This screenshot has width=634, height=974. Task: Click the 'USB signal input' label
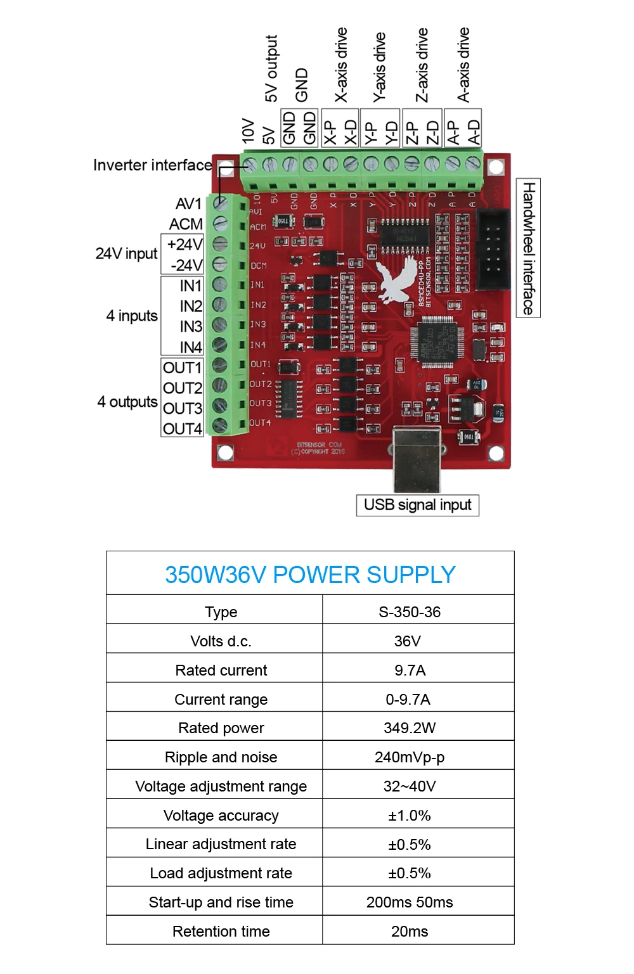coord(417,505)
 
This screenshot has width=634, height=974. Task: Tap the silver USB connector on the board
coord(417,458)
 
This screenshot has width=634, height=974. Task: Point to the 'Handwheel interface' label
coord(529,248)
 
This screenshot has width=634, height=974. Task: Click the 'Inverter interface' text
coord(152,165)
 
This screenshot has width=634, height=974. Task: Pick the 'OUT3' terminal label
coord(183,408)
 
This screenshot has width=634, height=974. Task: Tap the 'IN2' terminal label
coord(190,306)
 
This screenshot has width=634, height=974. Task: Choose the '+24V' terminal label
coord(184,245)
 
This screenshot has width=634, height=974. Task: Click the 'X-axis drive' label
coord(341,65)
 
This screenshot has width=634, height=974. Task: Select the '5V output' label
coord(271,68)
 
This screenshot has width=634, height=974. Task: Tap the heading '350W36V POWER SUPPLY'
coord(310,575)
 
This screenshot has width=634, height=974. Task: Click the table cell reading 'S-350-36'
coord(410,612)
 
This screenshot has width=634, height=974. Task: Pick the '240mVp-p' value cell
coord(410,757)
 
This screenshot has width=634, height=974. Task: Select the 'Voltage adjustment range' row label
coord(221,786)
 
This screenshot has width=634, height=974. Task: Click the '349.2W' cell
coord(410,728)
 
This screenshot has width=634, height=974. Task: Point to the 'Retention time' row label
coord(221,932)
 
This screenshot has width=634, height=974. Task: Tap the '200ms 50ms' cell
coord(410,902)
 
